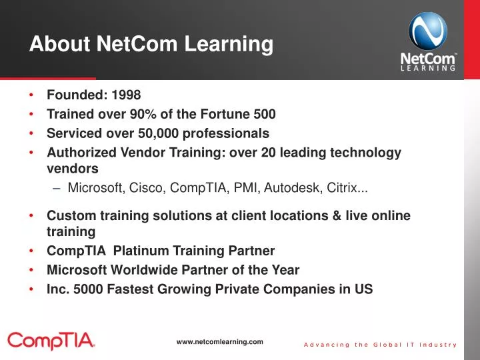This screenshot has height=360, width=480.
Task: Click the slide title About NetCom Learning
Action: tap(151, 45)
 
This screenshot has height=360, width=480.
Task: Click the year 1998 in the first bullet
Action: tap(126, 95)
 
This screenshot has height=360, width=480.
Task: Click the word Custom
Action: tap(69, 216)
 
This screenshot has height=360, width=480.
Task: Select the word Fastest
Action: tap(130, 289)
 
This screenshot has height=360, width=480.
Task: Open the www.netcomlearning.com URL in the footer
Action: tap(220, 341)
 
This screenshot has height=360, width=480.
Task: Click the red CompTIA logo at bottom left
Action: tap(51, 342)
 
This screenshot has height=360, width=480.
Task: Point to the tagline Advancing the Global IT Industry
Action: tap(380, 345)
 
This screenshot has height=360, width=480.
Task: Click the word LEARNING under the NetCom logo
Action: tap(429, 67)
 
